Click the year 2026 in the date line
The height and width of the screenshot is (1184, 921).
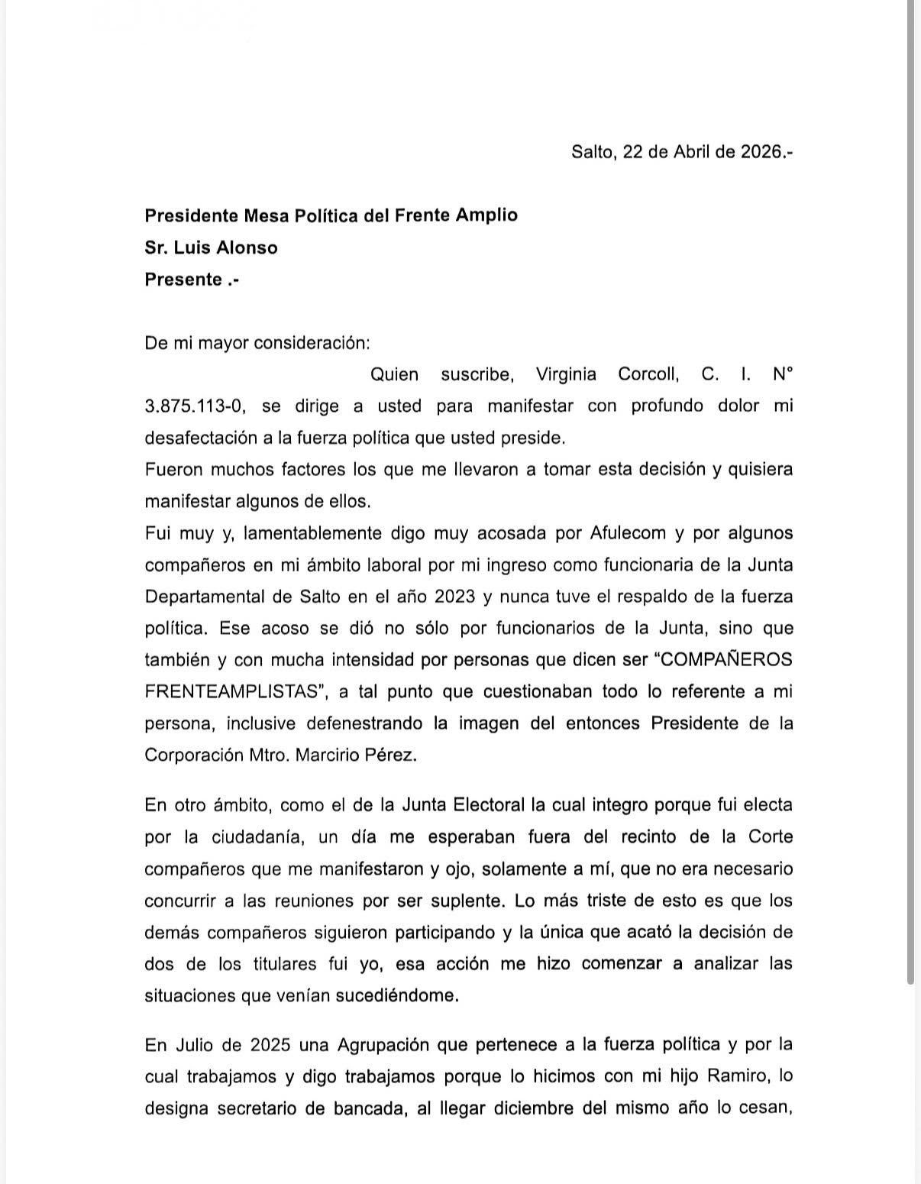[761, 151]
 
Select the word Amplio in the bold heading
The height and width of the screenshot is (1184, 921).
[487, 215]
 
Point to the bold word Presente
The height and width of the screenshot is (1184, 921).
[183, 279]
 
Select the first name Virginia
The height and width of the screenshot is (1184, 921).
[566, 374]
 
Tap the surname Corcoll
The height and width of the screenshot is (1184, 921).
[648, 374]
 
